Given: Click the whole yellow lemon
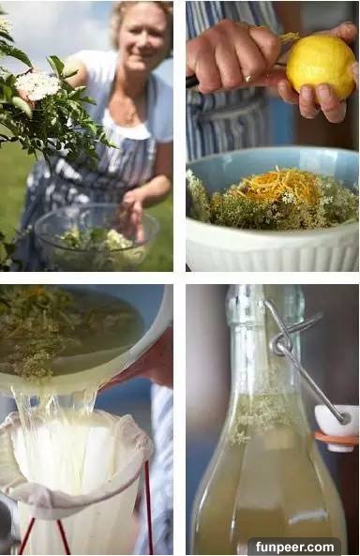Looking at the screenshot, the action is click(321, 67).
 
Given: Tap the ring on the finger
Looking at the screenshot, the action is click(248, 78).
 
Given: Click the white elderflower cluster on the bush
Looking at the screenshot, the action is click(37, 85).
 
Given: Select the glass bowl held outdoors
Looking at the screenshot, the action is click(96, 237).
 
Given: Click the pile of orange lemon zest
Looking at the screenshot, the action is click(280, 185).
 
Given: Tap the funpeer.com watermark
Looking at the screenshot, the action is click(294, 547).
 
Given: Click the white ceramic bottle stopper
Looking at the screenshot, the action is click(337, 428).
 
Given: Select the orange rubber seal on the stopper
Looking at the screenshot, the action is click(337, 439).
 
